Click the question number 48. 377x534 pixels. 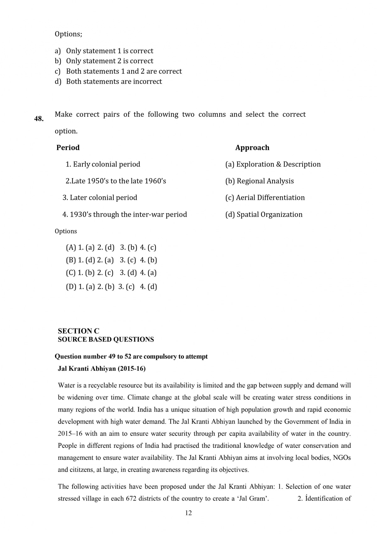tap(39, 119)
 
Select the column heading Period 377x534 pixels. tap(68, 148)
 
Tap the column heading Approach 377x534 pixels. tap(252, 148)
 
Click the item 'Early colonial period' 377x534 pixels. tap(103, 164)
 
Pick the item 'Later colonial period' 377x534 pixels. tap(100, 198)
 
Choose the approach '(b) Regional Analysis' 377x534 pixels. tap(260, 181)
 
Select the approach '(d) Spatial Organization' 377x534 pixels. tap(264, 215)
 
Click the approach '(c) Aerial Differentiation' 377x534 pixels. tap(265, 198)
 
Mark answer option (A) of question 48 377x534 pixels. tap(111, 247)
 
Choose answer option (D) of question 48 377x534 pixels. tap(111, 287)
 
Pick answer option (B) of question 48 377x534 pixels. tap(111, 260)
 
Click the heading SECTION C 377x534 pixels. tap(78, 331)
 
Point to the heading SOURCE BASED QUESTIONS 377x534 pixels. tap(106, 340)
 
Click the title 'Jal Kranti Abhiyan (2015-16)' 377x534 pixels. tap(101, 368)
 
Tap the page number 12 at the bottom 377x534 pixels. tap(188, 513)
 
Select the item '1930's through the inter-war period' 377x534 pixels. tap(124, 215)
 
